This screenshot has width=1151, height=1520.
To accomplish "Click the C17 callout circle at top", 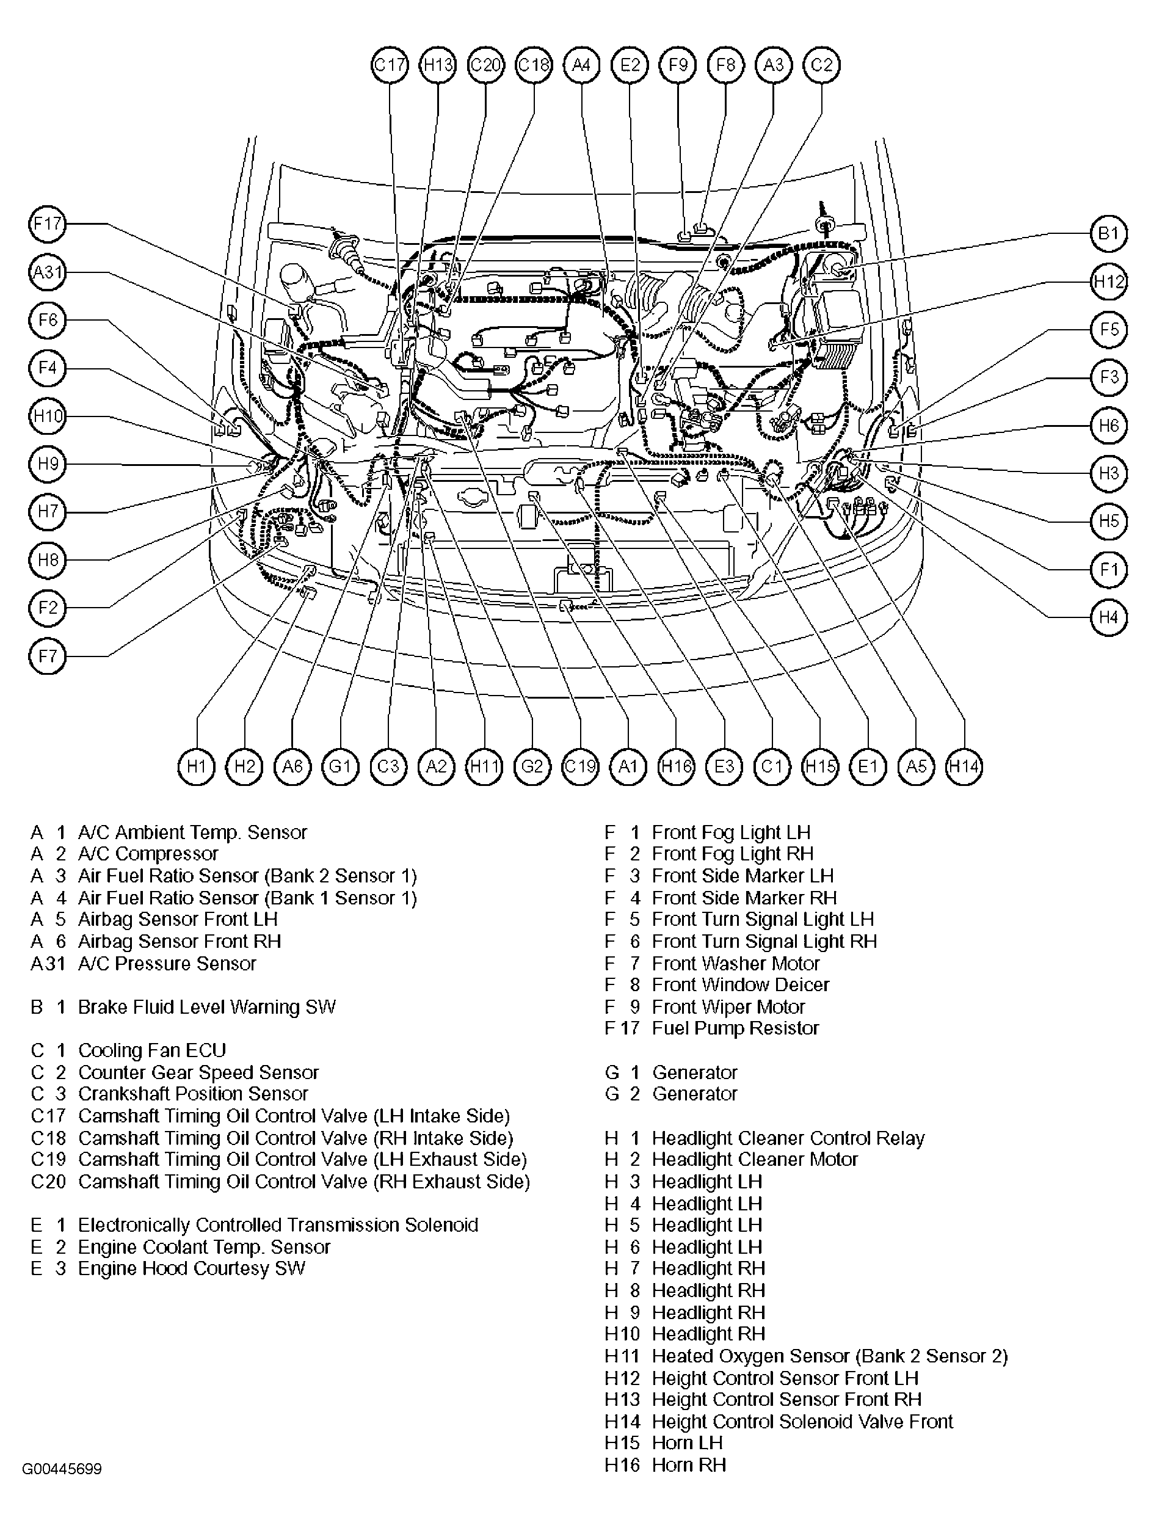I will [x=390, y=65].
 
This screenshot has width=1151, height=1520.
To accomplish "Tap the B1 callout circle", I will [x=1108, y=234].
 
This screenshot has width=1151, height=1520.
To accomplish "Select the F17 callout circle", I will [x=48, y=224].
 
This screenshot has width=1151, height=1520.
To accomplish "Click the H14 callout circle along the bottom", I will [x=964, y=766].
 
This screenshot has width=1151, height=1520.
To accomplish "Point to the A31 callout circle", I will [x=48, y=272].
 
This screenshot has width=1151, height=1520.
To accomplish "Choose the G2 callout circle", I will [x=532, y=766].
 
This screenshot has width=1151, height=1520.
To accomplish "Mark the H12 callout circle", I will [x=1108, y=281].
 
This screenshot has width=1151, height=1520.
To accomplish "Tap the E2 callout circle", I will [x=630, y=65].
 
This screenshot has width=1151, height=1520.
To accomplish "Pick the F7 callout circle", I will [x=48, y=655].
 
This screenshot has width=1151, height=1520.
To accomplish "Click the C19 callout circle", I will [x=581, y=766].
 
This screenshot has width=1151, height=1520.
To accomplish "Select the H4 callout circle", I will [x=1108, y=617].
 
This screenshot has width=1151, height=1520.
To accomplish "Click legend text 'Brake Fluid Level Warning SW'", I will [x=206, y=1008].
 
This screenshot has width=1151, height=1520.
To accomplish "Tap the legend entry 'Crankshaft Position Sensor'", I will [x=192, y=1094].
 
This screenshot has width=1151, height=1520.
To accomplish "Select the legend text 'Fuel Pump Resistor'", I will [x=735, y=1028].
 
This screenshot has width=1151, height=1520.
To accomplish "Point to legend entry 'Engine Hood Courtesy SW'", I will [x=191, y=1268].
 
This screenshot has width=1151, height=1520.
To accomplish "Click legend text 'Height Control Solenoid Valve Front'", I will [x=802, y=1422].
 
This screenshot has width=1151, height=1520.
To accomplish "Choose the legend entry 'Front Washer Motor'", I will [x=735, y=964].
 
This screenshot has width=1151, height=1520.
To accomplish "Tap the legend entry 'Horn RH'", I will [x=689, y=1465].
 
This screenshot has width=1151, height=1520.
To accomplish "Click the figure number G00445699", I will [x=62, y=1469].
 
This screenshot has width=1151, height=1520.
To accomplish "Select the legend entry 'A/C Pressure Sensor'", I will [x=166, y=964].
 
